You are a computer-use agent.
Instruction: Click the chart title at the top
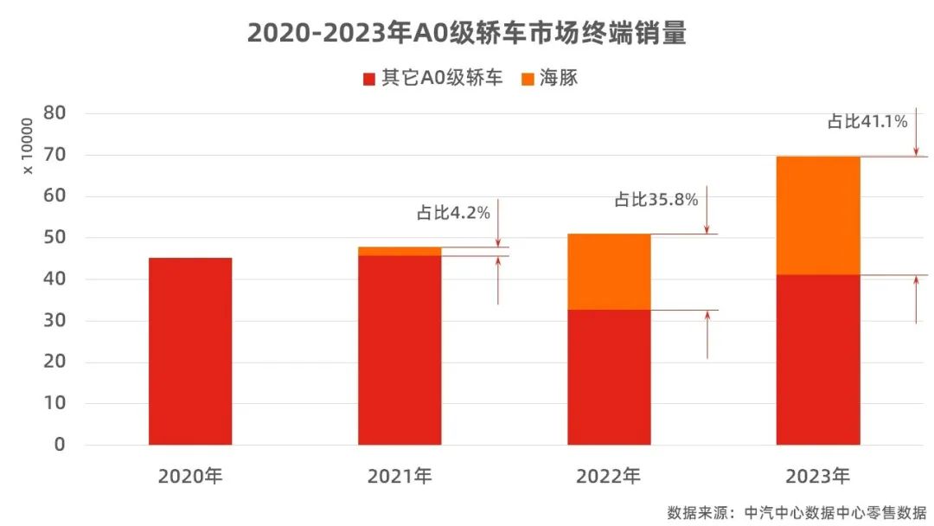pyautogui.click(x=466, y=32)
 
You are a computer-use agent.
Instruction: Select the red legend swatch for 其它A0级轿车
pyautogui.click(x=369, y=79)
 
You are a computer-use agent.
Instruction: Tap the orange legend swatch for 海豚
pyautogui.click(x=528, y=79)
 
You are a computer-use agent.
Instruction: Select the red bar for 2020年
pyautogui.click(x=190, y=351)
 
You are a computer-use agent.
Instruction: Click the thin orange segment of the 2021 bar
pyautogui.click(x=400, y=251)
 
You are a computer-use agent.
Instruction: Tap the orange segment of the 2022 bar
pyautogui.click(x=609, y=272)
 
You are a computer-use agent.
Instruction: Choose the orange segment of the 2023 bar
pyautogui.click(x=818, y=215)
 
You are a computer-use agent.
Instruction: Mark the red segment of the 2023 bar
pyautogui.click(x=818, y=360)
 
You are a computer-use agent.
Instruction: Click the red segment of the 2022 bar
pyautogui.click(x=609, y=377)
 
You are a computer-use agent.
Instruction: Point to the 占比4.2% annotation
pyautogui.click(x=453, y=213)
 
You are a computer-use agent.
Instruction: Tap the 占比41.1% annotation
pyautogui.click(x=867, y=122)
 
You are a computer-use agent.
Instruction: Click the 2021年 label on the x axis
pyautogui.click(x=400, y=476)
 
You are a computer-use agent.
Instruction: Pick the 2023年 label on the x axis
pyautogui.click(x=818, y=476)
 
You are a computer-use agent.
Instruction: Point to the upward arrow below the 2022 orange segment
pyautogui.click(x=707, y=334)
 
